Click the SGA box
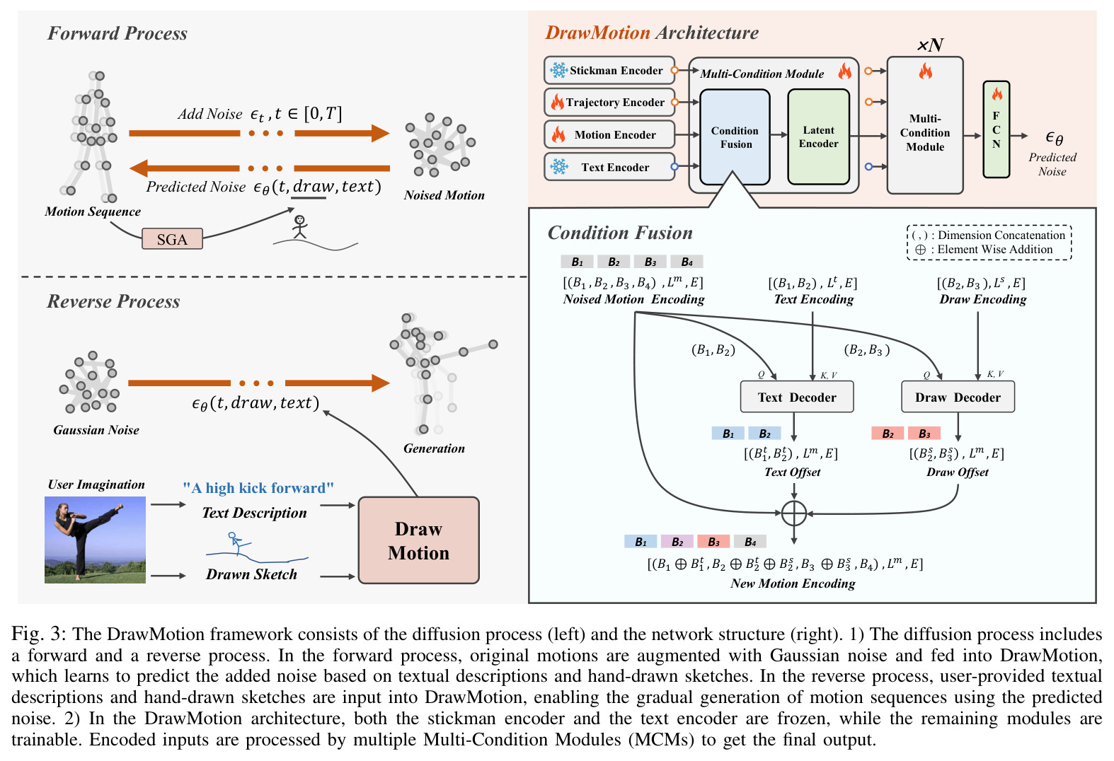pos(172,238)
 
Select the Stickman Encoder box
pos(609,70)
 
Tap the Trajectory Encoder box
pos(609,103)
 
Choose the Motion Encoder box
pos(609,134)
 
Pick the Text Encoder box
pos(609,167)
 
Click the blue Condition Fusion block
pos(735,137)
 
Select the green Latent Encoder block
pos(819,137)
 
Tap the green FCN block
pos(996,129)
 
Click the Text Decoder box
pos(797,397)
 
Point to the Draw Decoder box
pos(958,397)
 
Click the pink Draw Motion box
pos(419,540)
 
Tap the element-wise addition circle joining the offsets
pos(793,513)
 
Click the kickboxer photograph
pos(95,540)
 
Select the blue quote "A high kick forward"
pos(258,487)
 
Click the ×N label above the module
pos(930,45)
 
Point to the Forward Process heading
pos(117,33)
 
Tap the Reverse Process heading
pos(113,301)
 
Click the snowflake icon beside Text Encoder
pos(559,167)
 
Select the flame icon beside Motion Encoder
pos(558,134)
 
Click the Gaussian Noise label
pos(96,430)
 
